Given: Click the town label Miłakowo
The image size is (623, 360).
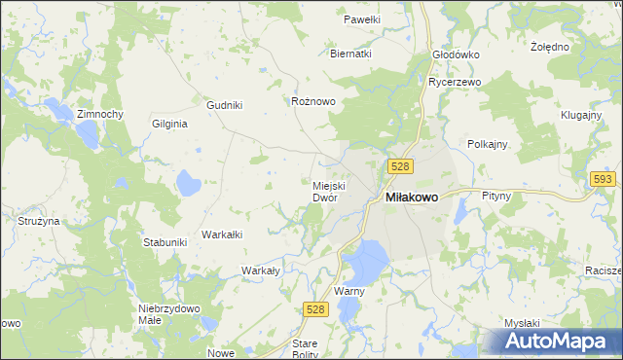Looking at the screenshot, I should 412,197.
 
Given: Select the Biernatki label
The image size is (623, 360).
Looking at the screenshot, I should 351,54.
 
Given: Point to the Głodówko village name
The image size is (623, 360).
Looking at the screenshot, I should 457,54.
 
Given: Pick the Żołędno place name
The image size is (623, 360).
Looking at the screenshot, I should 550,46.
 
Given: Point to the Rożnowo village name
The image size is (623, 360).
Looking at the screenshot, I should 313,100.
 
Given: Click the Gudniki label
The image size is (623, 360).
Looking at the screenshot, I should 225,105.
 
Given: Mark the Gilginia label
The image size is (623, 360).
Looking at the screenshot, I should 169,124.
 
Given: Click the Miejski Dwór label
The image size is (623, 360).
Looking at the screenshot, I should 325,191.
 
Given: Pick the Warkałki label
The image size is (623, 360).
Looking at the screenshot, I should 221,234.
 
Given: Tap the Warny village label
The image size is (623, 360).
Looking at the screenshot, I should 348,291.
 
